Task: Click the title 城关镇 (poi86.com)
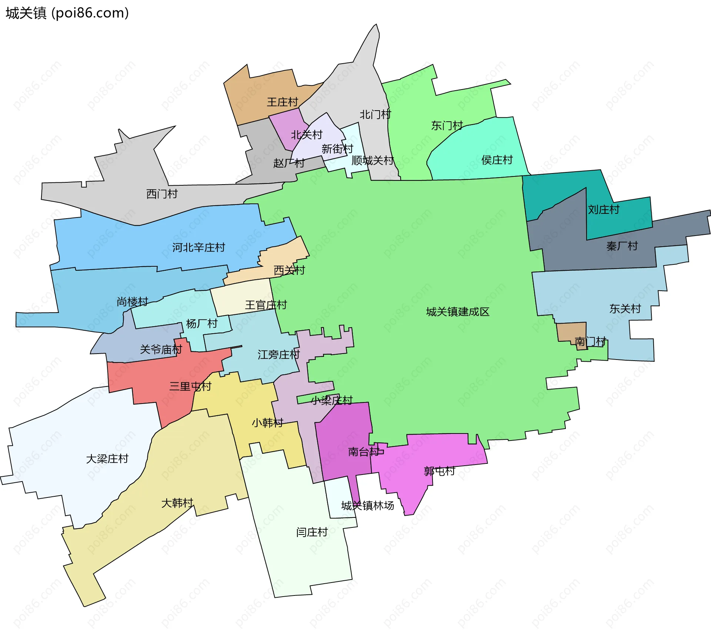pos(67,13)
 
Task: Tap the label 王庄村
pos(282,102)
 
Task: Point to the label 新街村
pos(337,149)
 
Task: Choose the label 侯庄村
pos(497,160)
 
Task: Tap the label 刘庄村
pos(603,210)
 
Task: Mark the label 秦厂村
pos(622,246)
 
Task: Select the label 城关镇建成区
pos(457,312)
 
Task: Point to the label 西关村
pos(289,270)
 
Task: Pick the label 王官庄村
pos(266,305)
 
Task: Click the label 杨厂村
pos(201,324)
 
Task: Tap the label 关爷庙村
pos(161,350)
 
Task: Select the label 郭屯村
pos(439,471)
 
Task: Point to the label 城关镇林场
pos(367,506)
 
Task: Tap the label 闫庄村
pos(312,532)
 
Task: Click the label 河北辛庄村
pos(198,247)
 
